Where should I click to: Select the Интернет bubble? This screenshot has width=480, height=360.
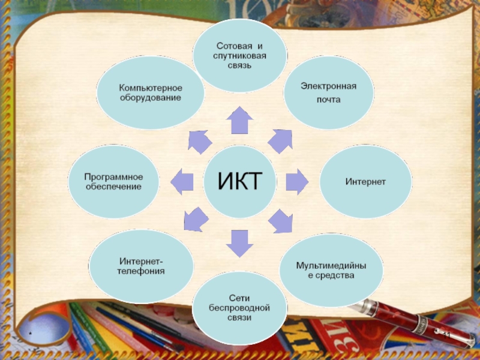pos(365,181)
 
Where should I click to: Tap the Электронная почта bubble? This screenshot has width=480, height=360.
pos(328,92)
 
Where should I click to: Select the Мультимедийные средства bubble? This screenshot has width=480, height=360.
pos(331,270)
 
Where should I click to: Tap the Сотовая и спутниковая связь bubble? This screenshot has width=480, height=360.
pos(239,56)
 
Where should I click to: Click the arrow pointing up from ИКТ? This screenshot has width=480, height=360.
pos(239,121)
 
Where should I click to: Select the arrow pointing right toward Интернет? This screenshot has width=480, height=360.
pos(296,181)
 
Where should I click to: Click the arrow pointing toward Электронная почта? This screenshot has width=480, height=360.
pos(280,140)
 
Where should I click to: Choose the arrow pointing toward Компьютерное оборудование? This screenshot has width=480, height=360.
pos(200,141)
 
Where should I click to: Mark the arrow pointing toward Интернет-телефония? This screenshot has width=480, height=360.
pos(196,219)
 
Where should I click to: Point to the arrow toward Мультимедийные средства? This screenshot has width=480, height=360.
pos(280,221)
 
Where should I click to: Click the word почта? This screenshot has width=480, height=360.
pos(328,100)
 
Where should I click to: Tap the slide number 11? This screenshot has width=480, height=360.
pos(446,334)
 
